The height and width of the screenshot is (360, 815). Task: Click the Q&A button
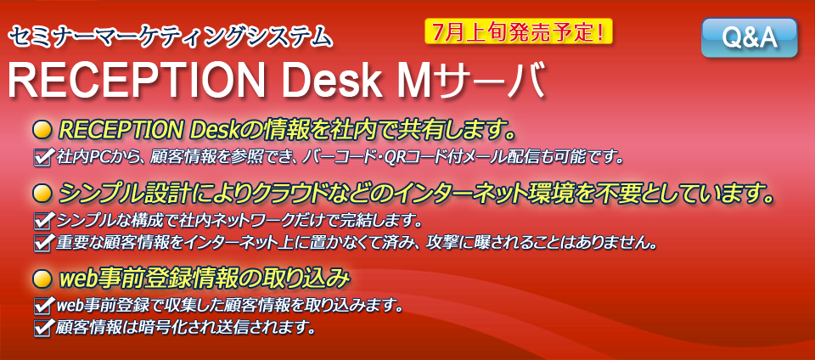pos(749,37)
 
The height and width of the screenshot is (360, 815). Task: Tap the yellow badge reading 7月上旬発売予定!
pos(519,32)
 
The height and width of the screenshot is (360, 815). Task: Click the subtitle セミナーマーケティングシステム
pos(170,37)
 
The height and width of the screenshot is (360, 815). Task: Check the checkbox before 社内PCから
pos(42,157)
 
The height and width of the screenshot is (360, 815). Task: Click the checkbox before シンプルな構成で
pos(42,222)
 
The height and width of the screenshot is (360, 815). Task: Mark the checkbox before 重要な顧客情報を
pos(42,242)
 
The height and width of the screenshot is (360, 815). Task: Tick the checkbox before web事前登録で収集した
pos(42,306)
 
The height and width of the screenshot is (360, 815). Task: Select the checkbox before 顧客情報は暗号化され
pos(42,327)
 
